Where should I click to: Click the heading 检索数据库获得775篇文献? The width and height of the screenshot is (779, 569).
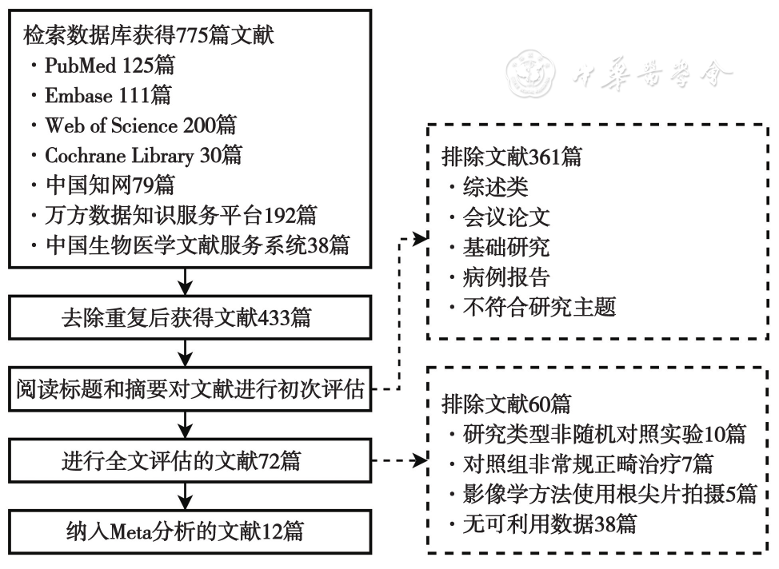[x=149, y=35]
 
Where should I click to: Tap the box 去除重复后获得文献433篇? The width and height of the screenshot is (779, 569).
[x=190, y=318]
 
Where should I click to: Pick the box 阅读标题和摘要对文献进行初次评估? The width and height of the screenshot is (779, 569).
[x=190, y=389]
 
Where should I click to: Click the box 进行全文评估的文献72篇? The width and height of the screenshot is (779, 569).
[x=190, y=461]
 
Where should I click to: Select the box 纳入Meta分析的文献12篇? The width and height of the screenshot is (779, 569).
[x=190, y=531]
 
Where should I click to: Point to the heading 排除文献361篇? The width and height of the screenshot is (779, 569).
[x=512, y=157]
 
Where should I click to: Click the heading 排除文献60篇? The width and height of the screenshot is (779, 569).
[x=506, y=404]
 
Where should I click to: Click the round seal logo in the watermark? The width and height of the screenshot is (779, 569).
[x=530, y=74]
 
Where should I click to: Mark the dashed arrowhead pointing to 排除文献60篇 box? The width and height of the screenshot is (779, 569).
[x=420, y=460]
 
